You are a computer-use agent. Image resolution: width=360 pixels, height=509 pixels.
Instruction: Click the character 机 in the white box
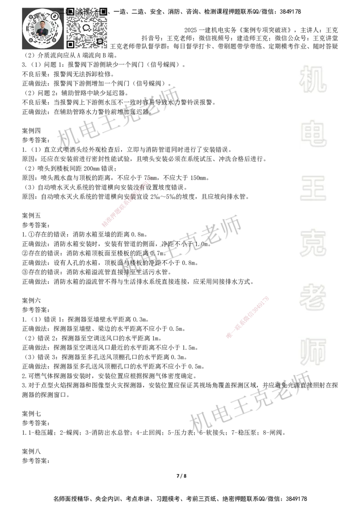[313, 79]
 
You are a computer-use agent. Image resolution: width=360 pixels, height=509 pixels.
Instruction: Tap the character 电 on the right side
[315, 133]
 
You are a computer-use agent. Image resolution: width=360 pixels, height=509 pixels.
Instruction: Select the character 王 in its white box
[313, 189]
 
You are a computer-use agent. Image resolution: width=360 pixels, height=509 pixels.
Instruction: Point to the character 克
[313, 243]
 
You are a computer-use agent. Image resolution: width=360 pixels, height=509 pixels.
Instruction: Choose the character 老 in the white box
[313, 297]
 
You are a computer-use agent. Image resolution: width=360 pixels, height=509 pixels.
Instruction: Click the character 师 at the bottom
[313, 352]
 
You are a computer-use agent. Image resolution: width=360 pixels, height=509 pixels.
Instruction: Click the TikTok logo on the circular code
[55, 16]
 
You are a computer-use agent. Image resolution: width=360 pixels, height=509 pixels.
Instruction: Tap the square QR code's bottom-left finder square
[70, 44]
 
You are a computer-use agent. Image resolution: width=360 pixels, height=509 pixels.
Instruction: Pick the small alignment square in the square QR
[99, 41]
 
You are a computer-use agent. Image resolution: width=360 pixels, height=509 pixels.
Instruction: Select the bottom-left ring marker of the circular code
[31, 40]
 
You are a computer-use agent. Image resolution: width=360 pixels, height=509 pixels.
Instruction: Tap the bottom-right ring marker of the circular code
[54, 40]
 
